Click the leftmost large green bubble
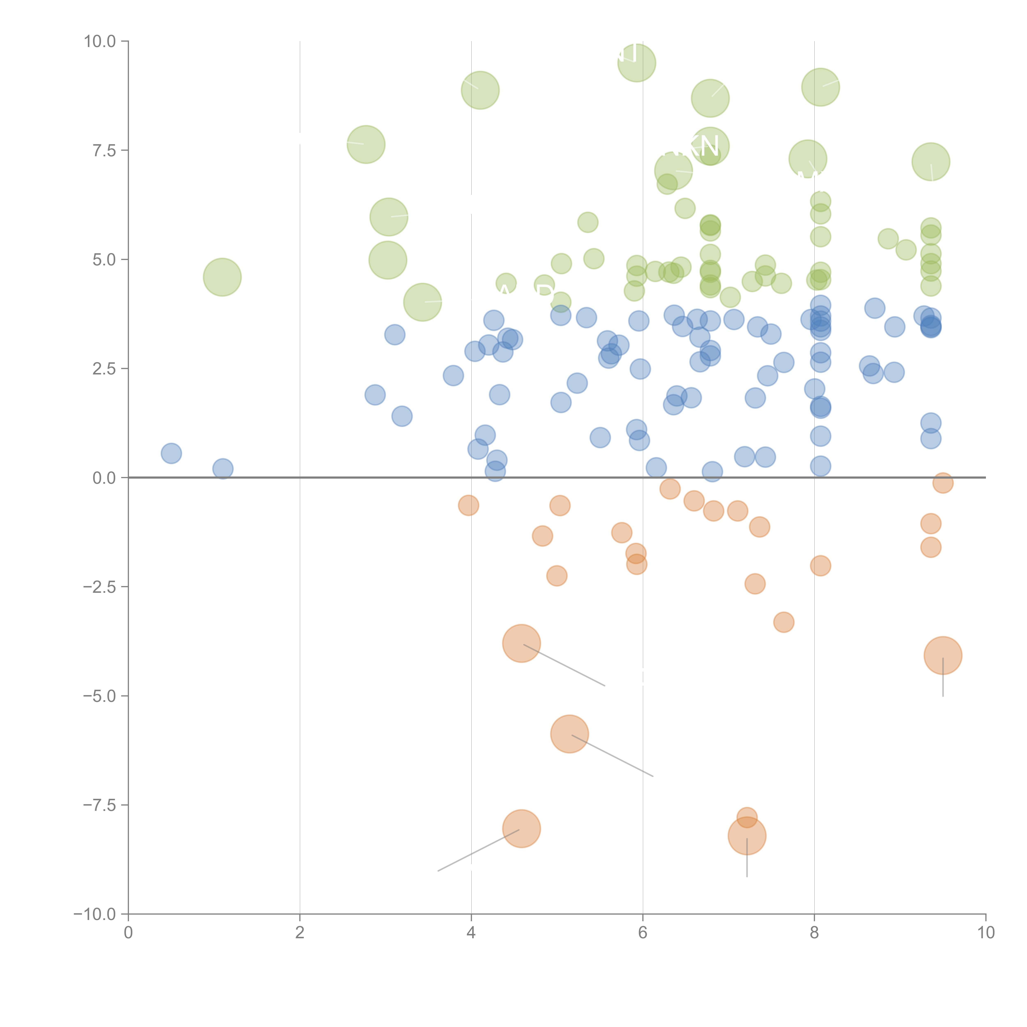pyautogui.click(x=222, y=277)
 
